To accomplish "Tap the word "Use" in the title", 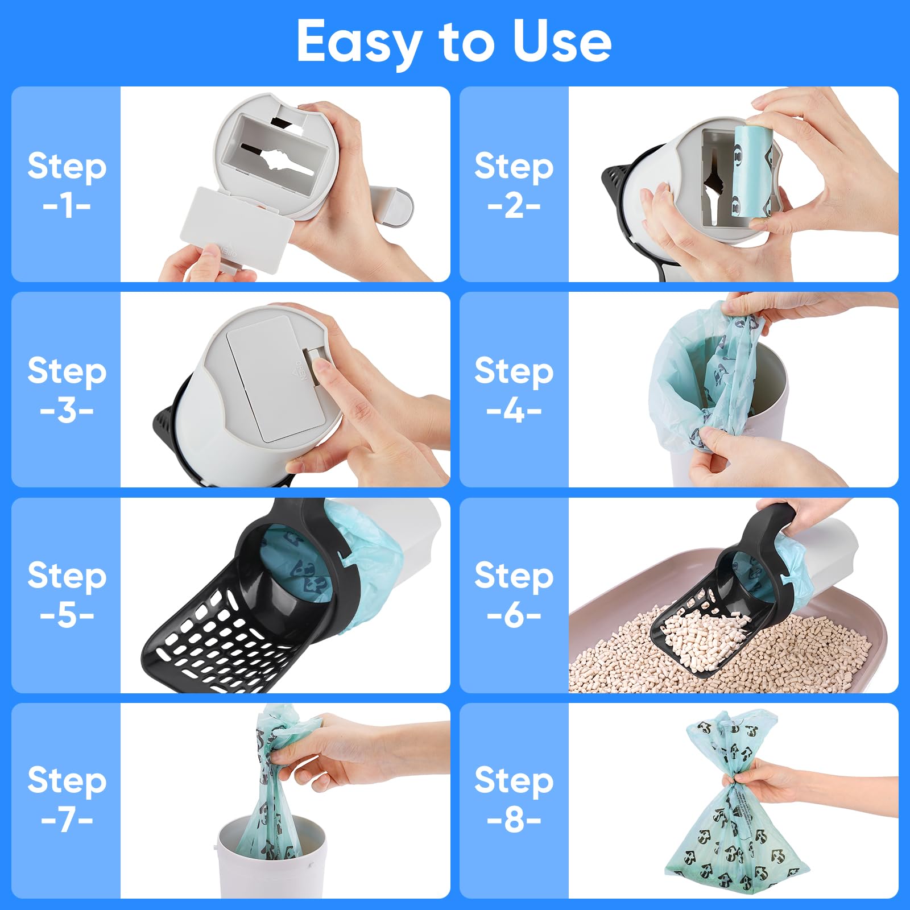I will pyautogui.click(x=561, y=41).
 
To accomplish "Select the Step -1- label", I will pyautogui.click(x=67, y=184).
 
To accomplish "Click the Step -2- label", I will pyautogui.click(x=514, y=184).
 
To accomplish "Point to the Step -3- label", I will pyautogui.click(x=67, y=390).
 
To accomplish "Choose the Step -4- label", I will pyautogui.click(x=514, y=390).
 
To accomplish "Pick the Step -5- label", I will pyautogui.click(x=67, y=594).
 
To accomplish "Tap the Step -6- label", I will pyautogui.click(x=514, y=594).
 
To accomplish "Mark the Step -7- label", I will pyautogui.click(x=67, y=799).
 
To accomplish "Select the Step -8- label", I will pyautogui.click(x=514, y=799).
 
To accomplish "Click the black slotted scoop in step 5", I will pyautogui.click(x=227, y=637).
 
